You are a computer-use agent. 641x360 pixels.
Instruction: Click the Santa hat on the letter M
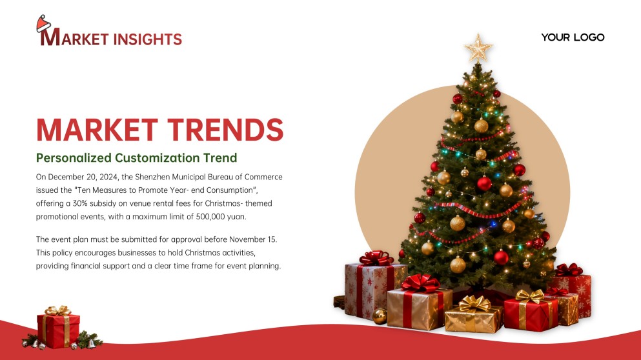point(44,24)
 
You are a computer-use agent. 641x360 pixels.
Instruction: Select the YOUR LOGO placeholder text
point(573,37)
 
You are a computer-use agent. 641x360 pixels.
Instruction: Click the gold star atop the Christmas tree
point(478,48)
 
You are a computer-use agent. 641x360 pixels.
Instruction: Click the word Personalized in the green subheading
point(74,157)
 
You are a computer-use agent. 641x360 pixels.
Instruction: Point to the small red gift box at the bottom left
point(58,328)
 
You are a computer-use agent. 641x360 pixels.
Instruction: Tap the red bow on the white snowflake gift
point(376,259)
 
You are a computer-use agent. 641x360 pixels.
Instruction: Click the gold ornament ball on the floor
point(380,315)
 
